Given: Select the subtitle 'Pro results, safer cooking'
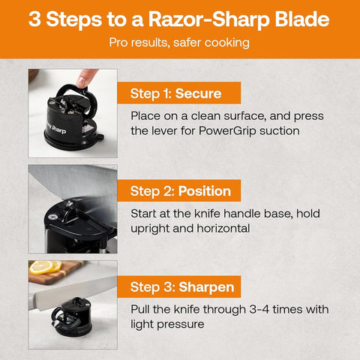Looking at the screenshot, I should click(179, 43).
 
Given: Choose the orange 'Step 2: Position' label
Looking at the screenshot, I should click(180, 190).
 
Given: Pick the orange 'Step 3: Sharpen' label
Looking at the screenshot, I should click(180, 286).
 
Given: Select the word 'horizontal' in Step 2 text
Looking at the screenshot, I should click(217, 228).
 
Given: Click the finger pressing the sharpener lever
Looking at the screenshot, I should click(87, 77).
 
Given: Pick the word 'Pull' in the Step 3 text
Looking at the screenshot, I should click(142, 309).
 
